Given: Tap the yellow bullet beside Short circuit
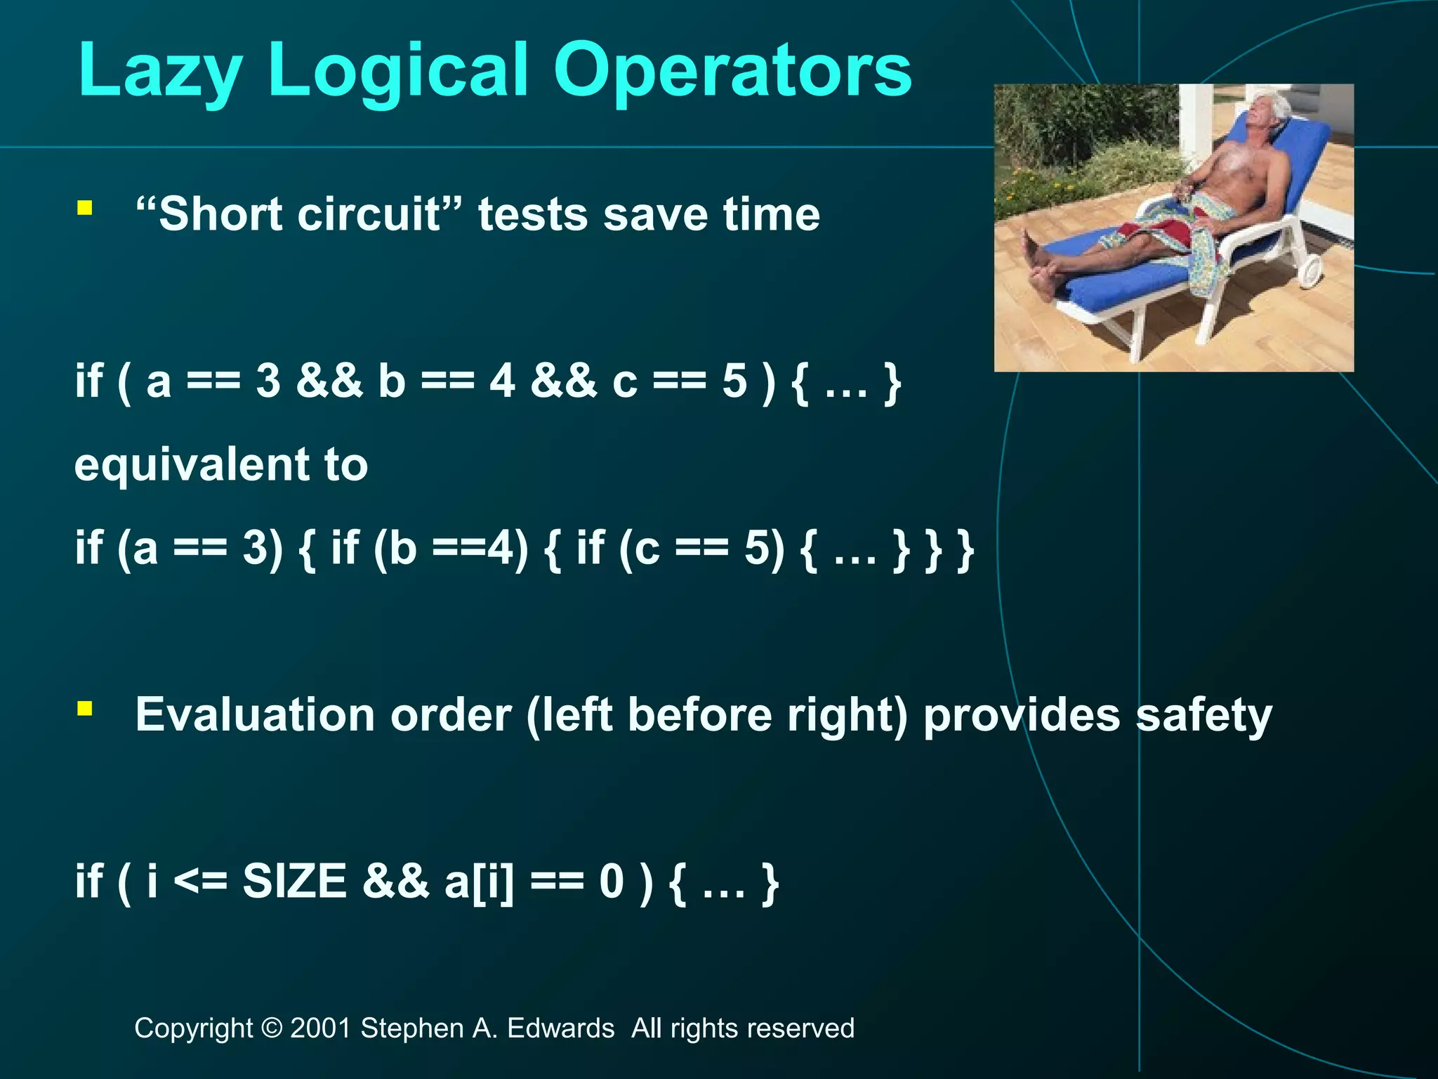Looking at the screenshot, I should click(85, 207).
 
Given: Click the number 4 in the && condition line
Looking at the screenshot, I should click(503, 381).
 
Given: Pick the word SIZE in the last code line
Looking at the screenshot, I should click(294, 881).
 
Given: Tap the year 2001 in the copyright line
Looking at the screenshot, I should click(320, 1028).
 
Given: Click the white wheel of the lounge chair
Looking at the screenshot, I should click(1310, 270).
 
